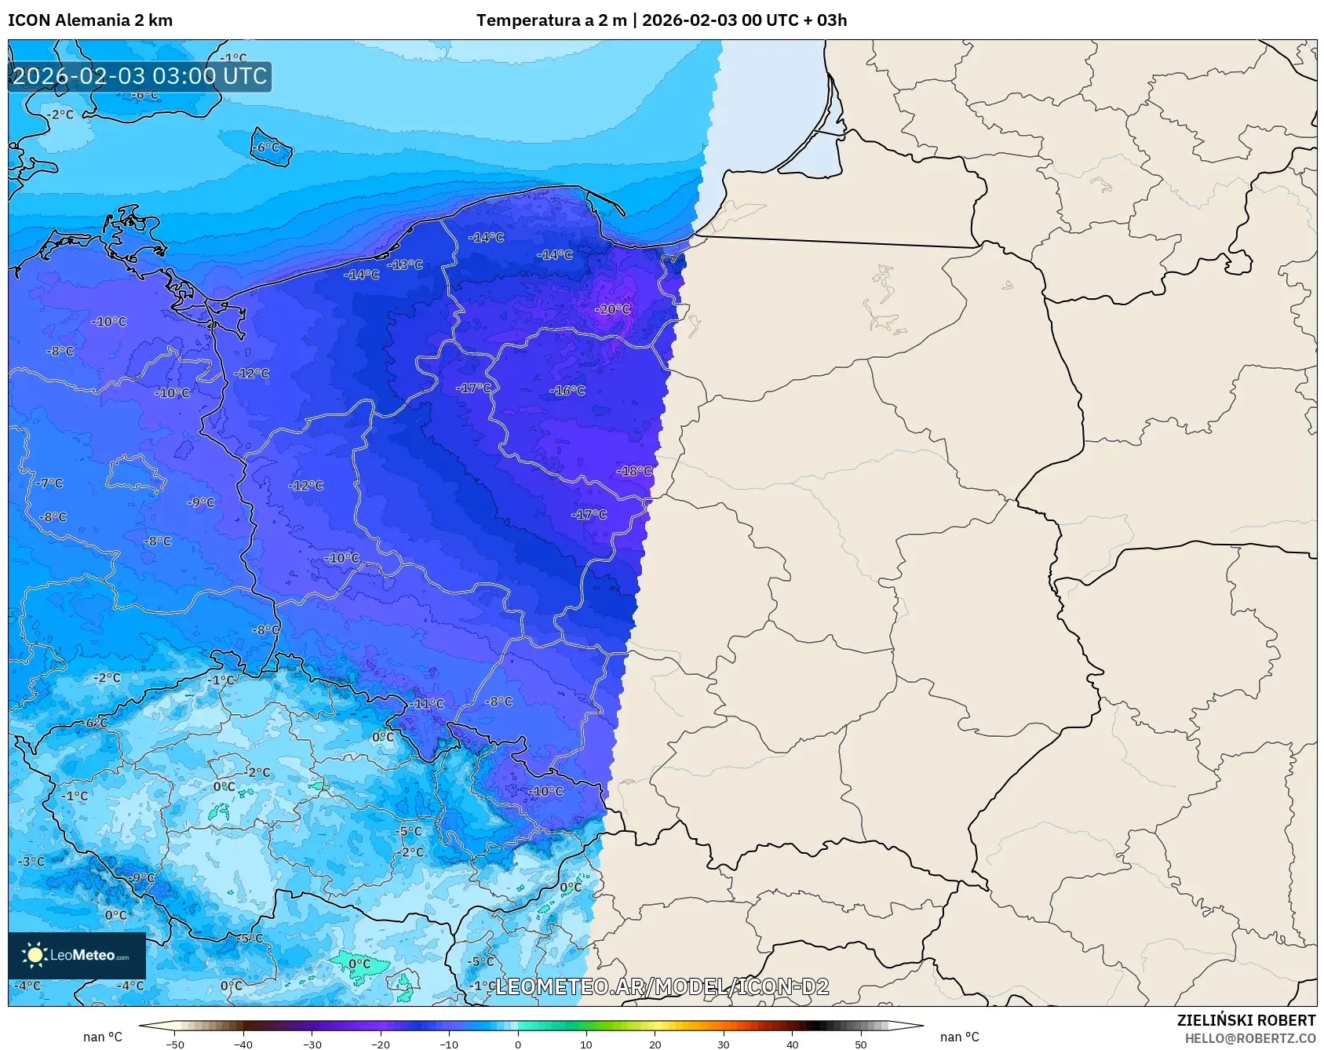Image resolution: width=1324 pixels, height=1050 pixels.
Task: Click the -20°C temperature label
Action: pyautogui.click(x=612, y=309)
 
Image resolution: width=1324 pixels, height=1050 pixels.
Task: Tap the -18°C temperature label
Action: pyautogui.click(x=635, y=471)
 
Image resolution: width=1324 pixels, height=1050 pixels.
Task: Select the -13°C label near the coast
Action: pyautogui.click(x=407, y=264)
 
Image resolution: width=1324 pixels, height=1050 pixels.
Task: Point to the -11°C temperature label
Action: pyautogui.click(x=429, y=704)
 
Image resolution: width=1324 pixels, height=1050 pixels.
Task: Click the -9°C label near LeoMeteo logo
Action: pyautogui.click(x=142, y=877)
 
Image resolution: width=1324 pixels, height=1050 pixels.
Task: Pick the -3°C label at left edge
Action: pyautogui.click(x=31, y=861)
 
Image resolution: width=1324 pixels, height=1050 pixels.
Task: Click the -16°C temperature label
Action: pyautogui.click(x=567, y=390)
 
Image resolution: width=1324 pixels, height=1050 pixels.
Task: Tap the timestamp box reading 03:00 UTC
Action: pyautogui.click(x=140, y=76)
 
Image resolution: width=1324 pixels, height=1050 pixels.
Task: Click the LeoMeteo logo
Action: pyautogui.click(x=77, y=955)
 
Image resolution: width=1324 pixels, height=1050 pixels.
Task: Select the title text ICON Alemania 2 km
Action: pyautogui.click(x=90, y=20)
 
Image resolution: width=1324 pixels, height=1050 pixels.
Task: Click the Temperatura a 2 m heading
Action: pyautogui.click(x=551, y=20)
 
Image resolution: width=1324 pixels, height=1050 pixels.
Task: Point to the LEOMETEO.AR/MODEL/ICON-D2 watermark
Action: pyautogui.click(x=662, y=986)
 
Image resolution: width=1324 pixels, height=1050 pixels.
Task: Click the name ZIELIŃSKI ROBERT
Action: pyautogui.click(x=1246, y=1020)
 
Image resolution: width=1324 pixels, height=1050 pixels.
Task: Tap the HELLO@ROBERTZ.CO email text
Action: pyautogui.click(x=1249, y=1038)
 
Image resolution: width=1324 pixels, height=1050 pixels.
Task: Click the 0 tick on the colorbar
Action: pyautogui.click(x=517, y=1044)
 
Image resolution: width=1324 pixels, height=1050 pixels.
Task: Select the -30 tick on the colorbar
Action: pyautogui.click(x=312, y=1044)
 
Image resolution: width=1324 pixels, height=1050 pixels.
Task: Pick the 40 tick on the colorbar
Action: pyautogui.click(x=792, y=1044)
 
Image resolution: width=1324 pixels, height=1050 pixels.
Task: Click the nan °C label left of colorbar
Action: pyautogui.click(x=103, y=1037)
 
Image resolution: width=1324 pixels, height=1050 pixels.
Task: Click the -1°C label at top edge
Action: pyautogui.click(x=233, y=58)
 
